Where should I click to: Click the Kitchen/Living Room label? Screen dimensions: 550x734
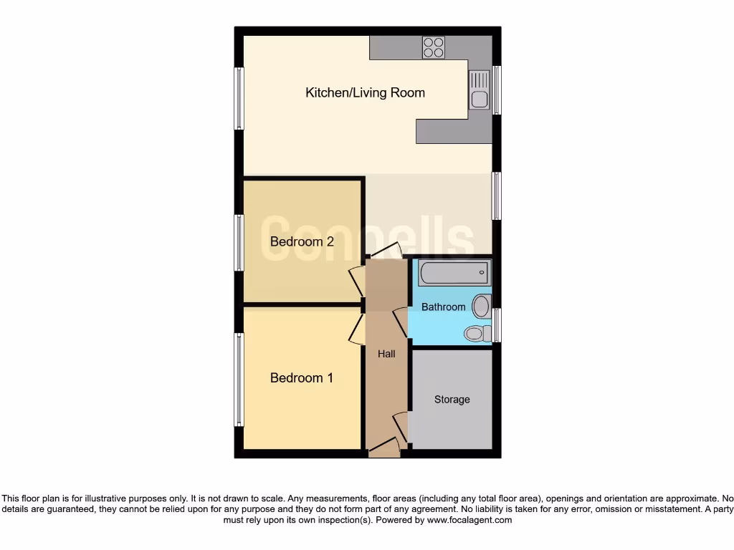[x=365, y=92]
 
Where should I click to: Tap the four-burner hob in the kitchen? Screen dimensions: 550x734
[x=433, y=47]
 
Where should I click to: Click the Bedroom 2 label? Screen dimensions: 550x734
[x=302, y=241]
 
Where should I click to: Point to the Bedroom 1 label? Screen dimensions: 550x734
[x=301, y=377]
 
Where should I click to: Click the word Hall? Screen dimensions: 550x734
[x=386, y=353]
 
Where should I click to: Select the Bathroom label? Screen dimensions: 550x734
[x=443, y=307]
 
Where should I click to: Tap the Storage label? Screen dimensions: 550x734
[x=452, y=399]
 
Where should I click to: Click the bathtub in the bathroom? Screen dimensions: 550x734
[x=454, y=274]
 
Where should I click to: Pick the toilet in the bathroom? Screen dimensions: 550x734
[x=476, y=332]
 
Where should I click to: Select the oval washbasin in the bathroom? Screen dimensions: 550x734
[x=481, y=307]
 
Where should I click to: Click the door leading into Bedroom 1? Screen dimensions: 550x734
[x=356, y=329]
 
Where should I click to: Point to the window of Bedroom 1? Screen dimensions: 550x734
[x=239, y=380]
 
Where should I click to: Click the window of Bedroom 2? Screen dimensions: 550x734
[x=239, y=243]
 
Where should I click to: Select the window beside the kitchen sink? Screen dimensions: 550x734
[x=496, y=90]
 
